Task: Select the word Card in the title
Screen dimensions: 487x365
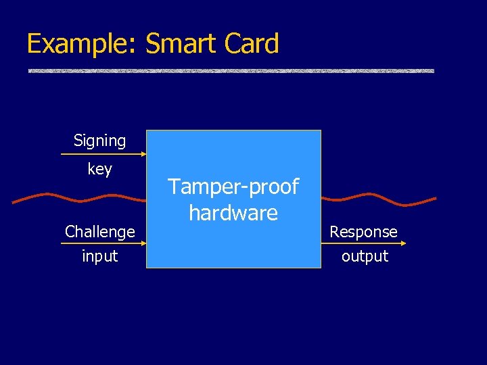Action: (250, 45)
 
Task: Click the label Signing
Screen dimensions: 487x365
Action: (100, 141)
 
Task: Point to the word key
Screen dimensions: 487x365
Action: (100, 169)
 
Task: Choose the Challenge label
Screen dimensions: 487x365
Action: (100, 232)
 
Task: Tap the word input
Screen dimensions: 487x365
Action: (100, 256)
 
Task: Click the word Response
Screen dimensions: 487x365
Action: (364, 232)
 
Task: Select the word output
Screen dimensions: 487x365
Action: (365, 256)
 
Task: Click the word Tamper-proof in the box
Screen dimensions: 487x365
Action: (233, 187)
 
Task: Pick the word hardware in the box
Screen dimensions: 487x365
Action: (233, 213)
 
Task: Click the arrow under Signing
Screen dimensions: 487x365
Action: (101, 155)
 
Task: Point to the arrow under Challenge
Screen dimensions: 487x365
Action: (101, 244)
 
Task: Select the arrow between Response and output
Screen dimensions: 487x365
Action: (362, 244)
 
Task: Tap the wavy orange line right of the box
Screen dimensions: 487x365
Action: (379, 199)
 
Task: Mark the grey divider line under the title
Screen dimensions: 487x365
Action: (231, 71)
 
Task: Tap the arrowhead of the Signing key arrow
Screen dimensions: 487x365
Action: (143, 155)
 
